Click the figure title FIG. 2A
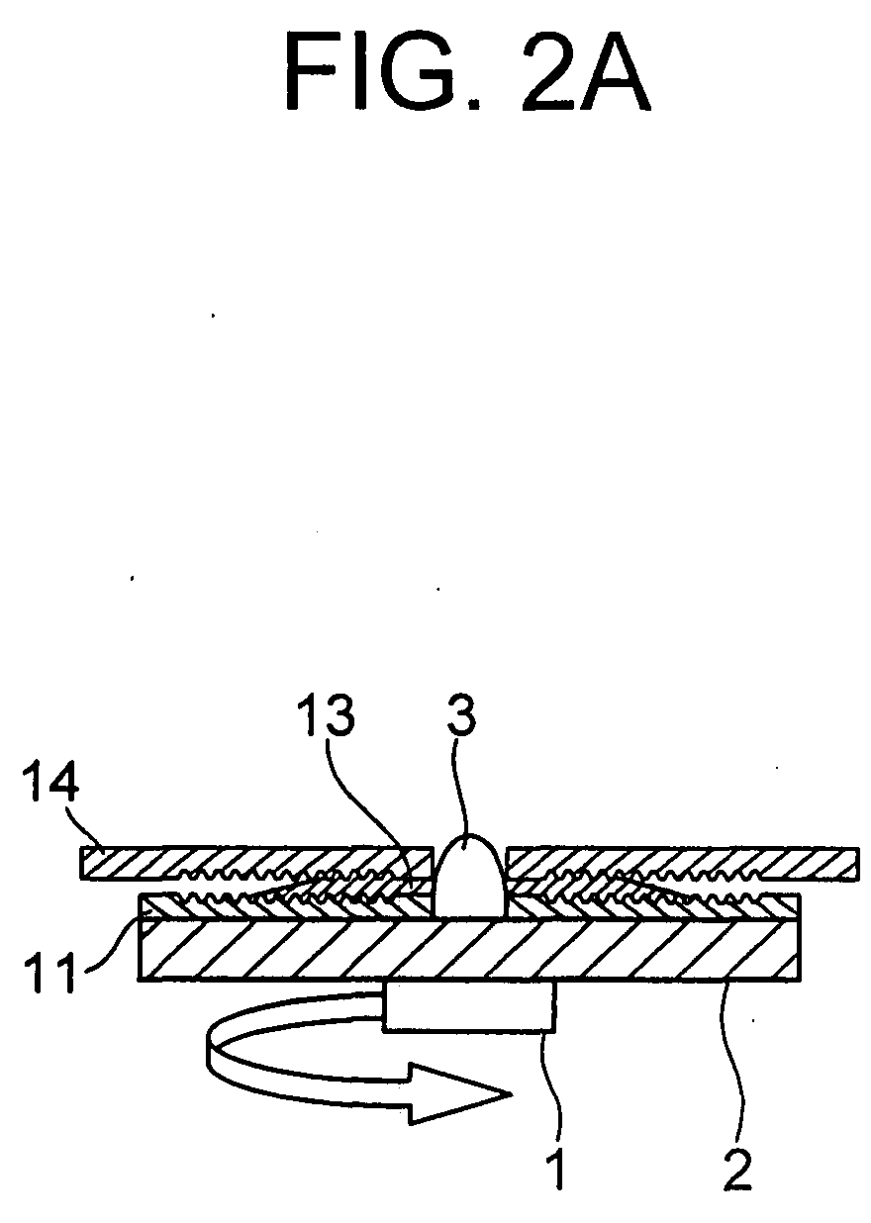[x=467, y=71]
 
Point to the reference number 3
[x=461, y=717]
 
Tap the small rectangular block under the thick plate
[x=470, y=1008]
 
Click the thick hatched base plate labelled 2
[x=470, y=952]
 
